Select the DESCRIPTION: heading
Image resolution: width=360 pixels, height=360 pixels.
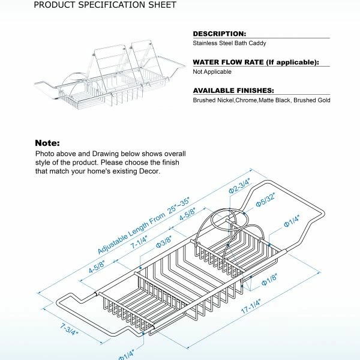[x=219, y=34]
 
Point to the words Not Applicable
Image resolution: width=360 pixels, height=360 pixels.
[x=212, y=71]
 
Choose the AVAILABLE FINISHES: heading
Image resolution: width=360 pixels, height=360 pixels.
[x=233, y=90]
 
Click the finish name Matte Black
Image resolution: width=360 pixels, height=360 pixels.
[x=282, y=100]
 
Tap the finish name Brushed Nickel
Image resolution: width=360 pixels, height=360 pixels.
[x=213, y=100]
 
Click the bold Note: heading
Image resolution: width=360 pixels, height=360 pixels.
[x=47, y=143]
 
